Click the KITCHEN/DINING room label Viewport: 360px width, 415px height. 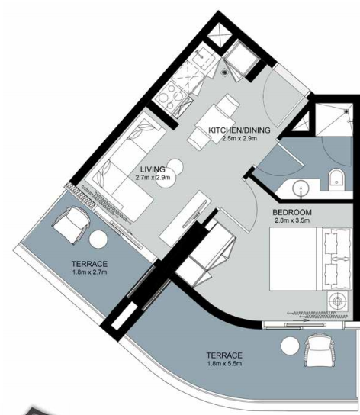coord(239,130)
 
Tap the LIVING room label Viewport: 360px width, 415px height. coord(153,169)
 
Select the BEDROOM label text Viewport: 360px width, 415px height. coord(292,212)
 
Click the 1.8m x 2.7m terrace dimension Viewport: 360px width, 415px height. coord(90,272)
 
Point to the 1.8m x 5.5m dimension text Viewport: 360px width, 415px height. coord(224,363)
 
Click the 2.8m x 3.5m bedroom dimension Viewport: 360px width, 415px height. coord(292,220)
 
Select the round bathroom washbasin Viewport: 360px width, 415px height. coord(301,188)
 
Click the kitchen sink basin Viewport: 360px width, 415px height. coord(203,57)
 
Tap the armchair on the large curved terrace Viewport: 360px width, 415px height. coord(320,350)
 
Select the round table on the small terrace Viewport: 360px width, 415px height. coord(98,239)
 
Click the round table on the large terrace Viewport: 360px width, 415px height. coord(290,346)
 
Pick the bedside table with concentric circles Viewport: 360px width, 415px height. coord(337,301)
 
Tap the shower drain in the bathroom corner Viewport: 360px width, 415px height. coord(346,111)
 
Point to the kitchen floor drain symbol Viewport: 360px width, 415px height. coord(225,72)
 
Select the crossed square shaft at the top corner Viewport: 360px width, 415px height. coord(220,35)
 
